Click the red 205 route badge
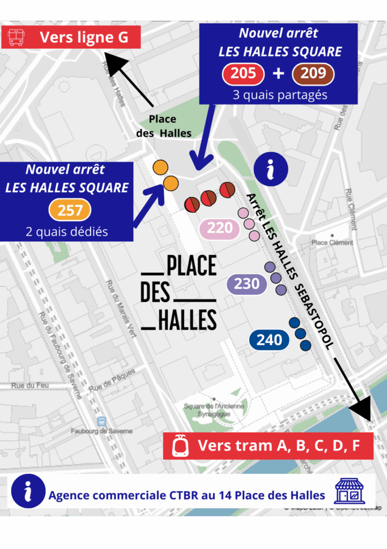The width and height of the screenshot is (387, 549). pyautogui.click(x=243, y=73)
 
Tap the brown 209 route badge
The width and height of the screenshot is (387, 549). pyautogui.click(x=313, y=73)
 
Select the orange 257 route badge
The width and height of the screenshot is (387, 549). pyautogui.click(x=70, y=210)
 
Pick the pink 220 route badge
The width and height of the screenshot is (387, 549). pyautogui.click(x=219, y=228)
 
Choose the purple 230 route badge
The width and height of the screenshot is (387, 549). pyautogui.click(x=247, y=284)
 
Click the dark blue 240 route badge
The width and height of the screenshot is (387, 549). pyautogui.click(x=269, y=340)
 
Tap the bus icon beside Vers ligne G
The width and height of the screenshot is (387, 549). pyautogui.click(x=16, y=38)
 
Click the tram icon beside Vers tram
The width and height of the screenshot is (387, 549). pyautogui.click(x=180, y=446)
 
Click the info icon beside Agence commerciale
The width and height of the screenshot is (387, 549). pyautogui.click(x=27, y=491)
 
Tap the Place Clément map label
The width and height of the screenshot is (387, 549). pyautogui.click(x=332, y=243)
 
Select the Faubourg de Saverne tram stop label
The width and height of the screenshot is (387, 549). pyautogui.click(x=101, y=431)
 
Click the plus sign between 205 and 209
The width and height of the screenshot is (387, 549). pyautogui.click(x=278, y=73)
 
